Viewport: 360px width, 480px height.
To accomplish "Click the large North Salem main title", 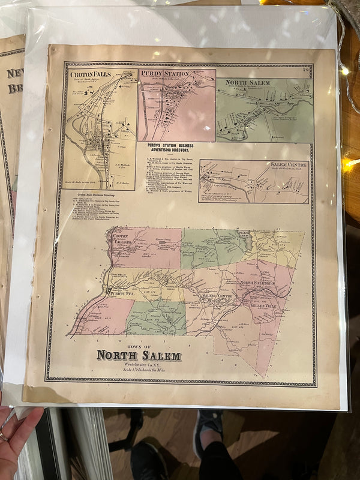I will [x=139, y=356].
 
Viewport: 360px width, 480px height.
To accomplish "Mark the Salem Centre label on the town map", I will [x=217, y=296].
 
